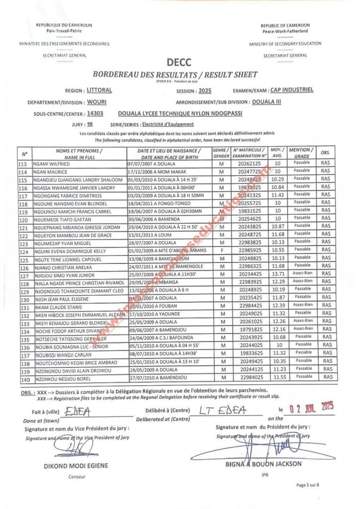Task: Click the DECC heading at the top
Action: coord(179,63)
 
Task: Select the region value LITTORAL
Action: coord(99,90)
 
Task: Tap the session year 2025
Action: coord(204,91)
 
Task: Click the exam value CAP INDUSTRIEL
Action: coord(291,90)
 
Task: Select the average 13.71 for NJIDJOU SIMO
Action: coord(277,274)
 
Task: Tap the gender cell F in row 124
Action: coord(221,251)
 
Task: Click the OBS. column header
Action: coord(325,152)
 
